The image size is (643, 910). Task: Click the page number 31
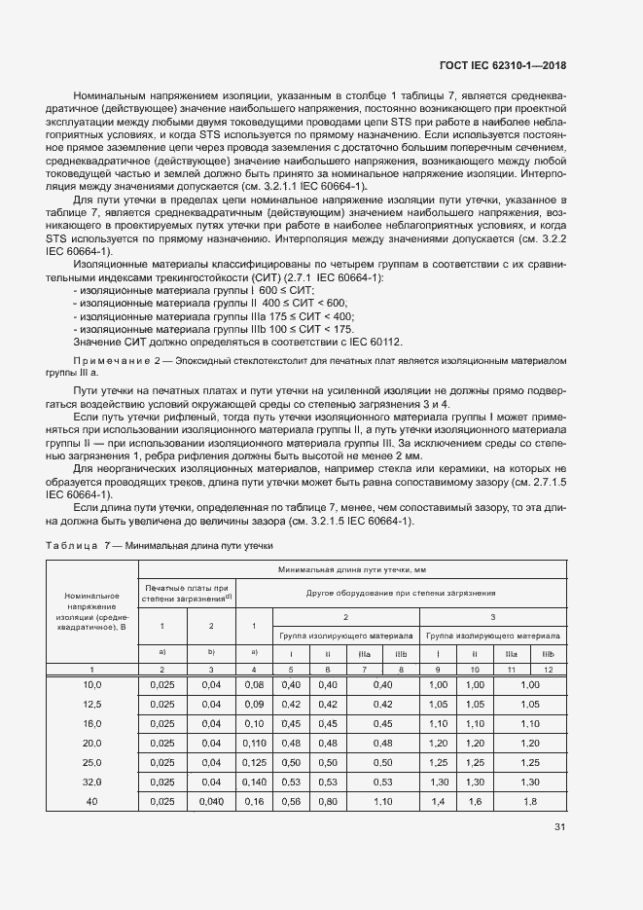point(558,827)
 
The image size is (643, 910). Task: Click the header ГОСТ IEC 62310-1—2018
point(496,65)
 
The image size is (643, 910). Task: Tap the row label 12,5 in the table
point(91,704)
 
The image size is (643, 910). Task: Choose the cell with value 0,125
point(254,762)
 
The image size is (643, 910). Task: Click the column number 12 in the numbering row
point(548,670)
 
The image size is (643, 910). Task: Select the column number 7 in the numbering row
point(364,670)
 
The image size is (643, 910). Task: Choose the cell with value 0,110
point(254,743)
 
